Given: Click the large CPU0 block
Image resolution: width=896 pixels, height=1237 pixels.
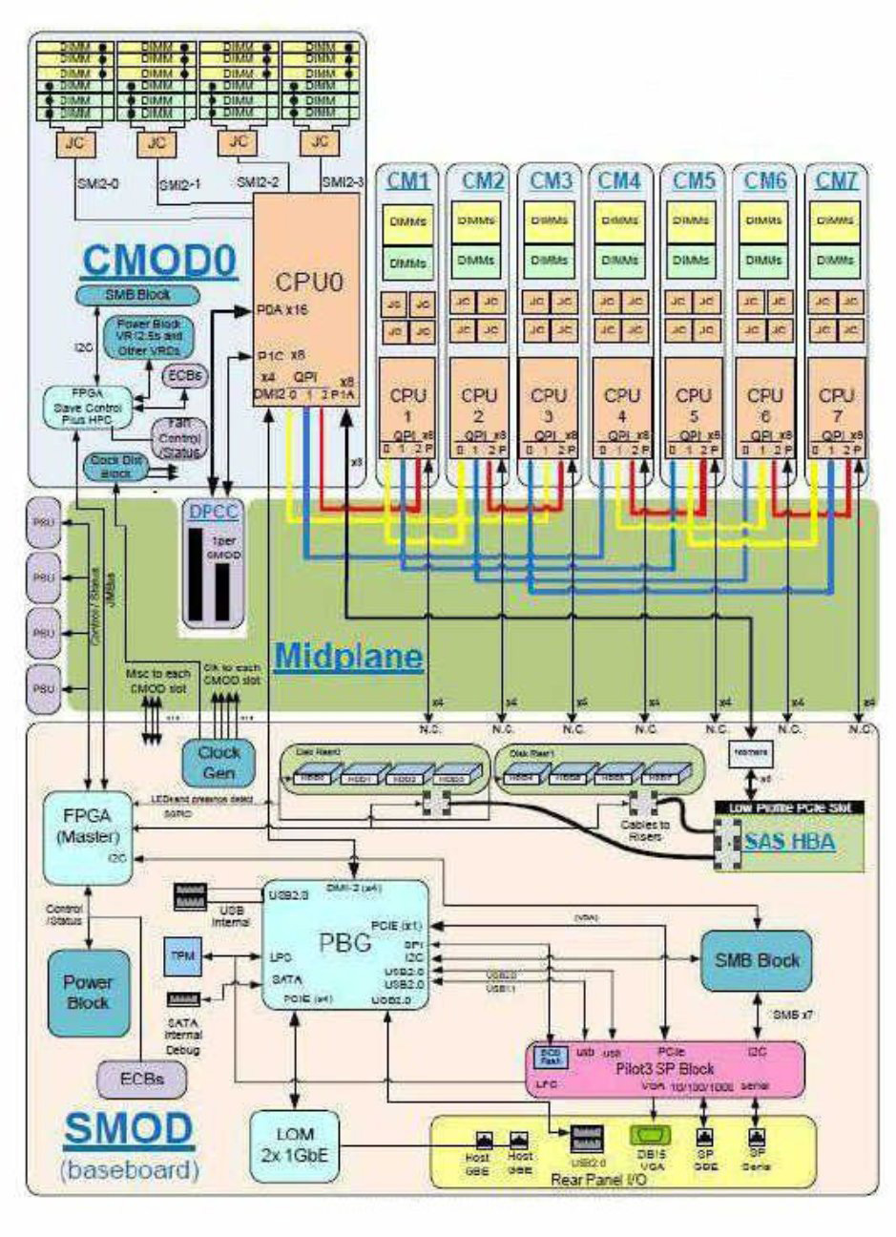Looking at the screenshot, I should click(x=305, y=286).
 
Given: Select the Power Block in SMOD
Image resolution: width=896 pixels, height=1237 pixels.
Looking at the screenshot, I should click(x=88, y=993).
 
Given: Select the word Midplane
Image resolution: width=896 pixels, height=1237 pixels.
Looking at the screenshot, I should click(x=348, y=657).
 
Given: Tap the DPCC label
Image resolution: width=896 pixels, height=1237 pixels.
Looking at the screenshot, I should click(x=213, y=512).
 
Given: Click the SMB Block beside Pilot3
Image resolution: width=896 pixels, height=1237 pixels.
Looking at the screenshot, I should click(x=757, y=961).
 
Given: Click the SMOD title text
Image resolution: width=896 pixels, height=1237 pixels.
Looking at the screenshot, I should click(x=128, y=1129).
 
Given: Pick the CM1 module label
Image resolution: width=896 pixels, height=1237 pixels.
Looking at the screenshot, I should click(x=407, y=179).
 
